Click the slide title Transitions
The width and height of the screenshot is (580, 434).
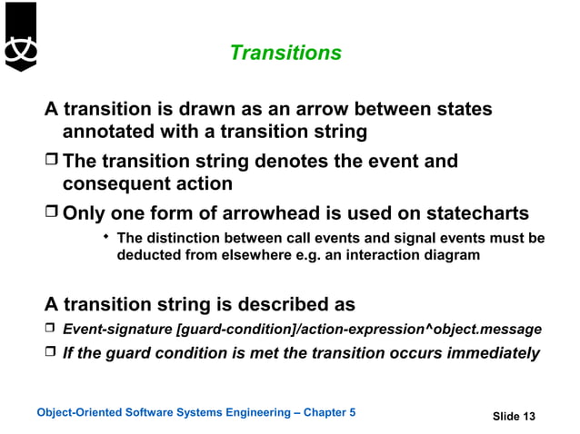[285, 53]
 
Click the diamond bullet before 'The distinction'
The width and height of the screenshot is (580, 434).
[105, 238]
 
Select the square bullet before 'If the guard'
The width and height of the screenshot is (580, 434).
[51, 353]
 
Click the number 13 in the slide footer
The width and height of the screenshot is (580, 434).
[527, 417]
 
